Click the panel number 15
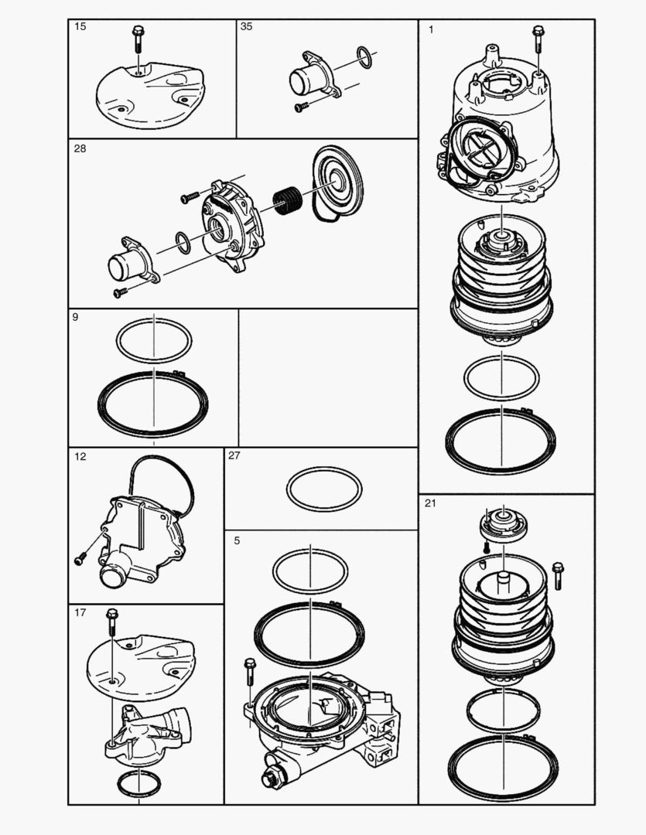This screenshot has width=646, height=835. (x=80, y=27)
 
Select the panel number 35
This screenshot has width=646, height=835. (x=247, y=26)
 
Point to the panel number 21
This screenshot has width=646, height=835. (x=431, y=503)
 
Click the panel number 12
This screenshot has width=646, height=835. (x=80, y=457)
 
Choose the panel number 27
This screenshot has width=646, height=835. (x=234, y=456)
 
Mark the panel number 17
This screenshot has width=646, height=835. (x=80, y=613)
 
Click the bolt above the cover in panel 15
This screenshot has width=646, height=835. (x=137, y=36)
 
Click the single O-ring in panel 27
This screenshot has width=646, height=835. (x=323, y=488)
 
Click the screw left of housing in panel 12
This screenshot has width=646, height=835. (x=79, y=557)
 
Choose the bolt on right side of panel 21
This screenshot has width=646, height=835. (x=558, y=576)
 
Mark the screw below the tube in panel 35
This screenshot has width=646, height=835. (x=301, y=107)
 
